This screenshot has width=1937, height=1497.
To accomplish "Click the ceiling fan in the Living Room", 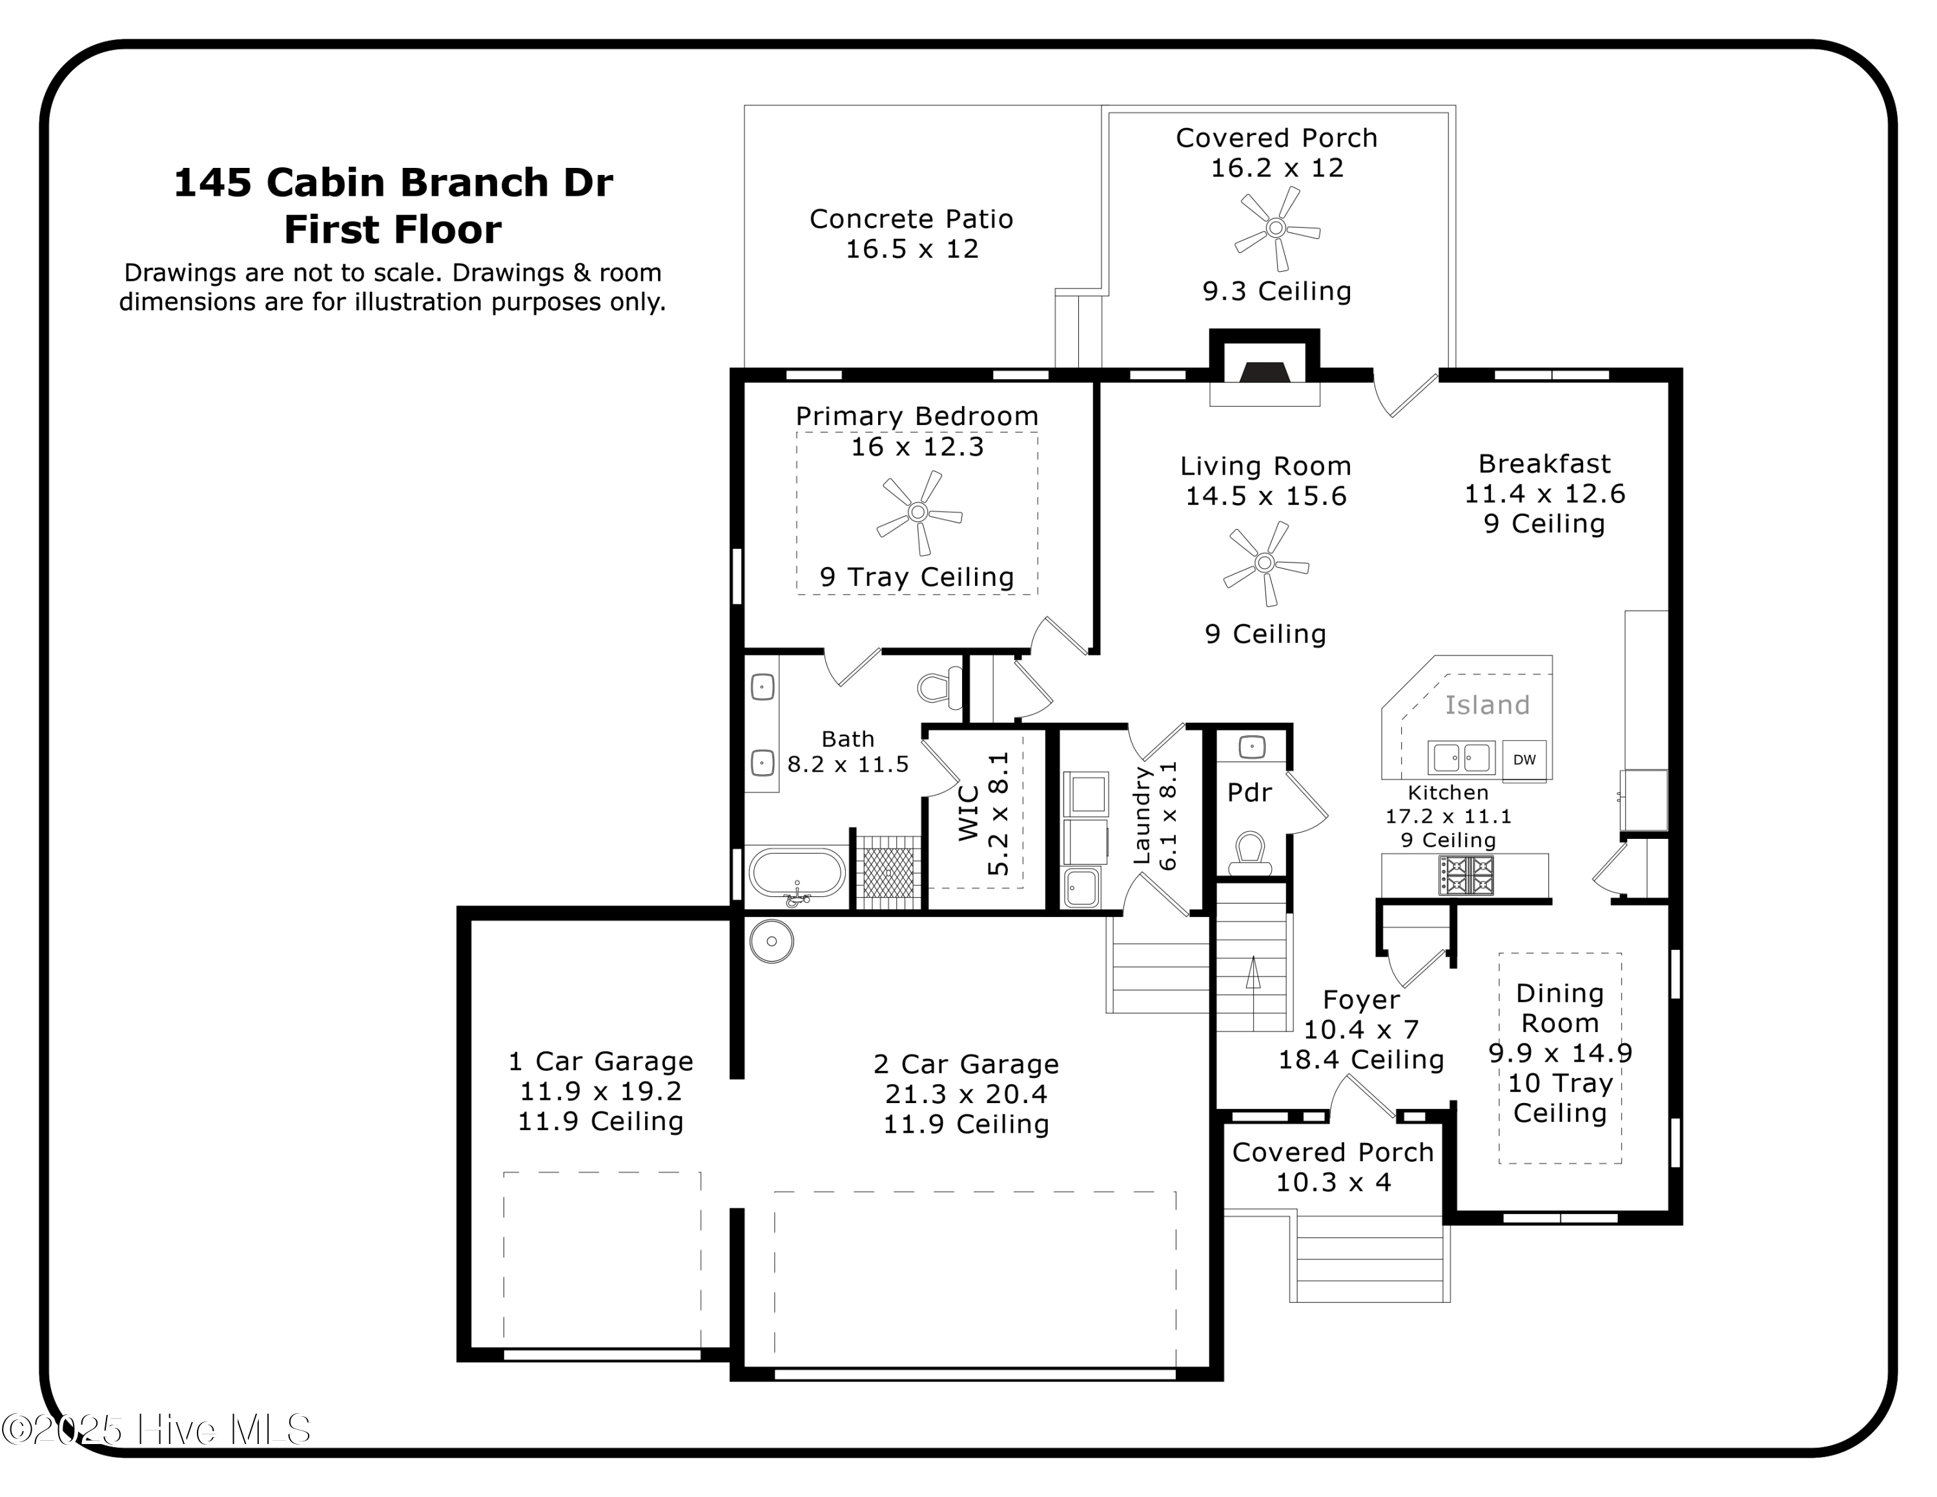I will point(1266,563).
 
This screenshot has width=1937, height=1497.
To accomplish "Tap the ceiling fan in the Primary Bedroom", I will point(919,513).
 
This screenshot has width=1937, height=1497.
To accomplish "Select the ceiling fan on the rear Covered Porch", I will point(1276,228).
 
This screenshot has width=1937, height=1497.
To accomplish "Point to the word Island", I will point(1488,705).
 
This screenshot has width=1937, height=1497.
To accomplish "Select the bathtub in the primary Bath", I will point(797,874).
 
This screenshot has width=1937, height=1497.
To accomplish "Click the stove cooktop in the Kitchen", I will point(1467,875).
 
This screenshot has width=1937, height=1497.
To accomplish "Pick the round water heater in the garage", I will point(772,942).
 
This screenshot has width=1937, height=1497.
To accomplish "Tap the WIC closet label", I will point(969,812).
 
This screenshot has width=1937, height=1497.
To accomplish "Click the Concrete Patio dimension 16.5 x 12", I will point(912,249).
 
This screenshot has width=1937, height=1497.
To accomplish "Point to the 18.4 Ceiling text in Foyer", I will point(1360,1059).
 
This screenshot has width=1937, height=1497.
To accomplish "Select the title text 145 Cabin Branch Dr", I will point(393,183).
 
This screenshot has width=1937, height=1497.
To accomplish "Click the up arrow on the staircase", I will point(1253,972).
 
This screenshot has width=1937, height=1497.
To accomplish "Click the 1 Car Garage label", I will point(600,1062).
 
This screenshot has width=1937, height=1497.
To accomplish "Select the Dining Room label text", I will point(1560,1008).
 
